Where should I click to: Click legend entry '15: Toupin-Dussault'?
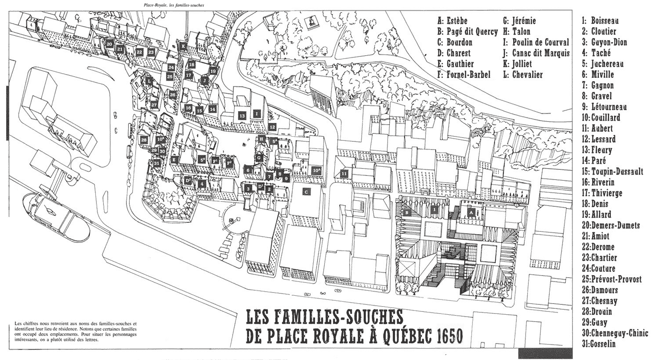(612, 172)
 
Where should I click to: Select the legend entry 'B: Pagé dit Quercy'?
(467, 32)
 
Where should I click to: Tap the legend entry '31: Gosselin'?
(599, 344)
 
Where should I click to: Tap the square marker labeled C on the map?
(305, 191)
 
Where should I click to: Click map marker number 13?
(242, 117)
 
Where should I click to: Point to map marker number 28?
(144, 140)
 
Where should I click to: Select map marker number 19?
(213, 71)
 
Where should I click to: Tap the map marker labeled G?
(259, 158)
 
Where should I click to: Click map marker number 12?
(272, 126)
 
